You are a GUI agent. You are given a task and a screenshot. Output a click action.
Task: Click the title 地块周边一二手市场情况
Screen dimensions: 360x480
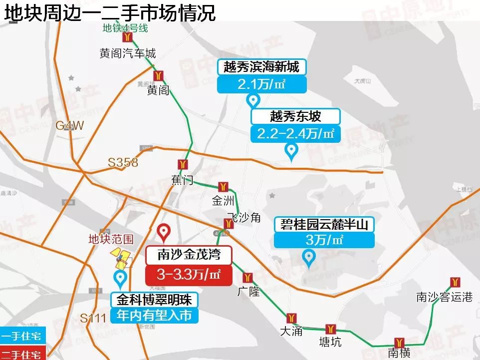pos(110,12)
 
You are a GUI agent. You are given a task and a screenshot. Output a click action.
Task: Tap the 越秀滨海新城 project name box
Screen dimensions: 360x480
pos(261,67)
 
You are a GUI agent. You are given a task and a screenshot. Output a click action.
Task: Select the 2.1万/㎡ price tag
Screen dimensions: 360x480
pos(261,84)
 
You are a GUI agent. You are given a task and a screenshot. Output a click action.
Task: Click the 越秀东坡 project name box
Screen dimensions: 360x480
pos(295,116)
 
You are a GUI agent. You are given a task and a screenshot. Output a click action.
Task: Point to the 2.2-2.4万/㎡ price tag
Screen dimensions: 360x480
pos(295,134)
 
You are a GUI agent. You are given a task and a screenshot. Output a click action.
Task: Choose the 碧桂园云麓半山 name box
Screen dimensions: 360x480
pos(324,225)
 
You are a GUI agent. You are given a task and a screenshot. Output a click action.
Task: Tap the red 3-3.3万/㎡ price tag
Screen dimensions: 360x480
pos(189,274)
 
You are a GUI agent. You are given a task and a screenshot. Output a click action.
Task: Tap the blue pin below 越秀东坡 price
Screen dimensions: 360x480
pos(290,150)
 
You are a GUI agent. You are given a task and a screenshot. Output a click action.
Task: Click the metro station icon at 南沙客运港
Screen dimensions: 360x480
pos(454,282)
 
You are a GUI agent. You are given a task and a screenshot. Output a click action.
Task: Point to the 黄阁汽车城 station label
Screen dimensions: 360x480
pos(128,53)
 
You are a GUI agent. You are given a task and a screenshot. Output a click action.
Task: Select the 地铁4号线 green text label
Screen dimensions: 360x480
pos(125,28)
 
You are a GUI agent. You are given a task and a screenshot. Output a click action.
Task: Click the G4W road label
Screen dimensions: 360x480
pos(70,125)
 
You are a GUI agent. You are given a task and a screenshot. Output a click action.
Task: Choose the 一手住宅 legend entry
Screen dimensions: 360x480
pos(22,336)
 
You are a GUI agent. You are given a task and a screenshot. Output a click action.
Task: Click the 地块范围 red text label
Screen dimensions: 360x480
pos(111,239)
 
